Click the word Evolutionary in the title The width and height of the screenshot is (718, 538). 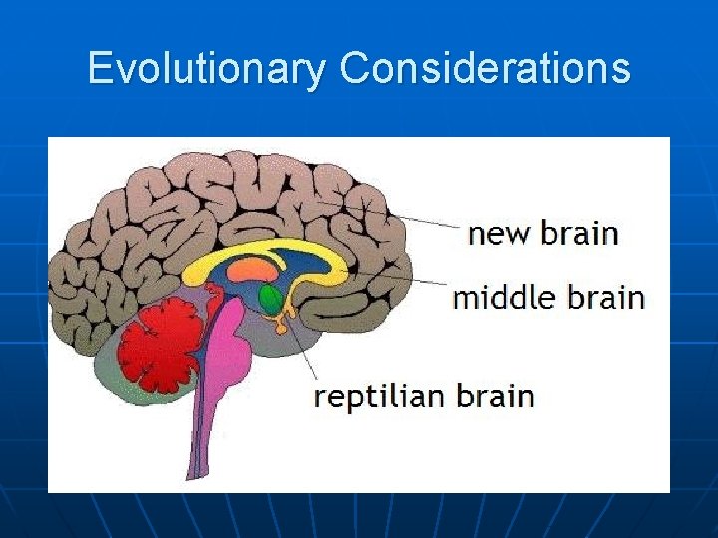coord(206,69)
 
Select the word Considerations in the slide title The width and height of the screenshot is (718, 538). coord(485,69)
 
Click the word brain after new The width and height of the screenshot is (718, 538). coord(579,234)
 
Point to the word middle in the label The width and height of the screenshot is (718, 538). coord(509,297)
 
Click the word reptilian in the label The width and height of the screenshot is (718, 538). coord(380,397)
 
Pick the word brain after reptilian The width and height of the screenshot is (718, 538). coord(496,397)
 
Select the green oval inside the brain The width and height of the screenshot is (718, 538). coord(270,298)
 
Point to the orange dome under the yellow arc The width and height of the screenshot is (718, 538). coord(254,270)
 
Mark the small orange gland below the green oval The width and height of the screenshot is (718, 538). coord(283,321)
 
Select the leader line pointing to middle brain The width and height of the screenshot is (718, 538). coord(399,278)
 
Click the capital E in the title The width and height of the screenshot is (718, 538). coord(99,69)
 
